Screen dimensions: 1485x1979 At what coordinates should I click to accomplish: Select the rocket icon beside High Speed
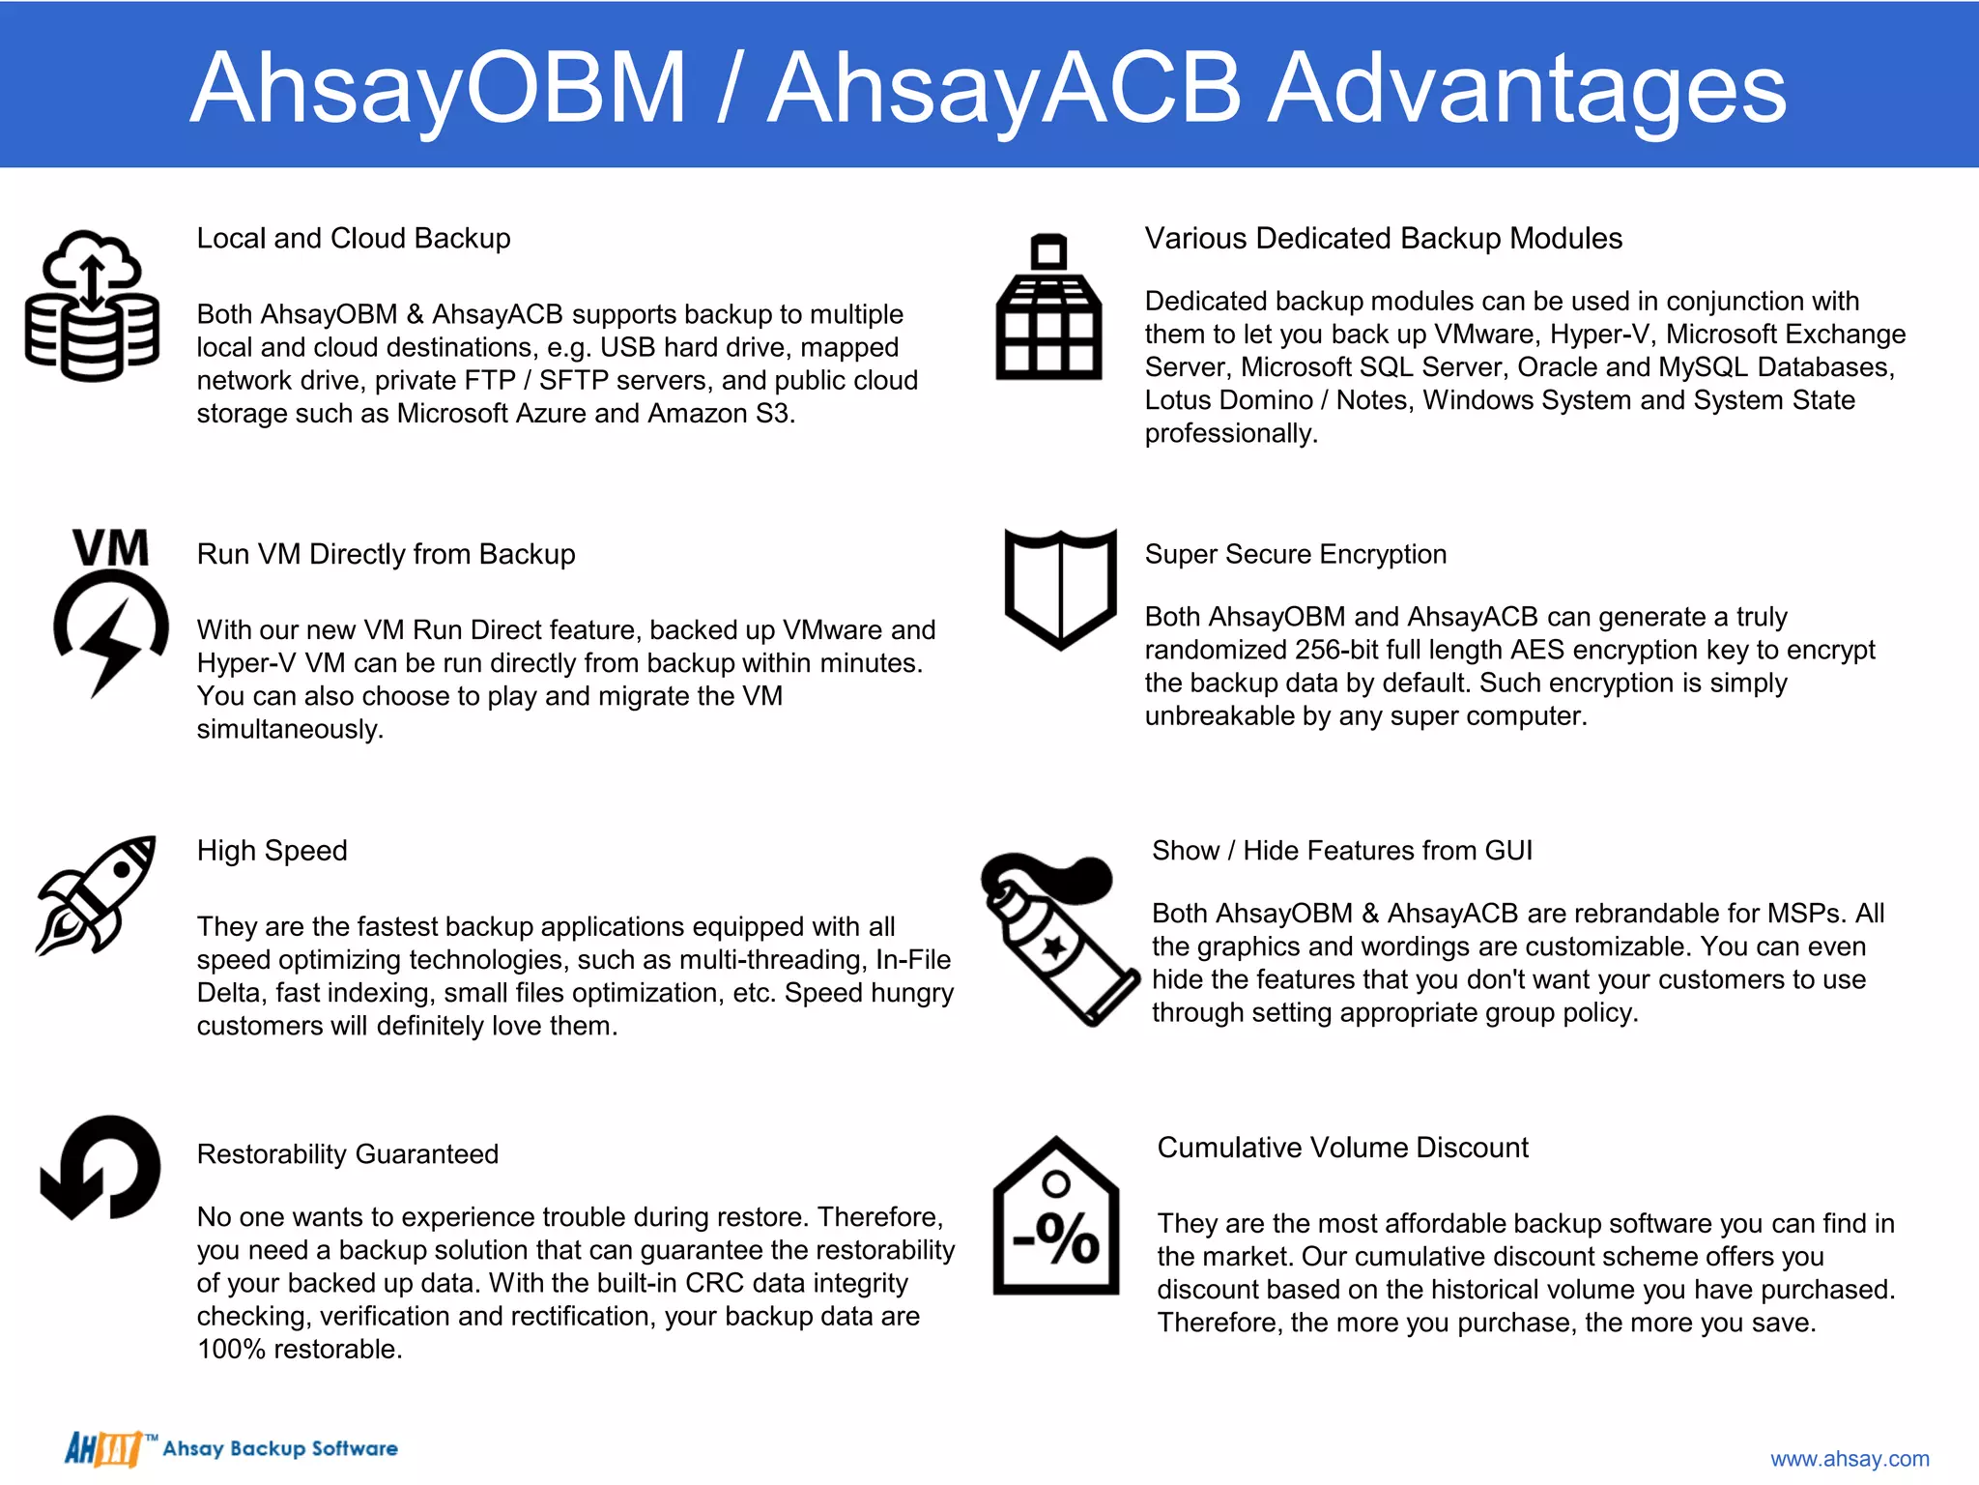[97, 895]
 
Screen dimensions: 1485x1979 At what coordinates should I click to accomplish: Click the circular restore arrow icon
[100, 1168]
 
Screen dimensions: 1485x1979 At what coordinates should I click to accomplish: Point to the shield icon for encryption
[1060, 588]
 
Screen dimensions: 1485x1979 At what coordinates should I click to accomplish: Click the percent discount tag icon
[1056, 1218]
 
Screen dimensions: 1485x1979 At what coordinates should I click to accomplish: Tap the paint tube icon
[1058, 938]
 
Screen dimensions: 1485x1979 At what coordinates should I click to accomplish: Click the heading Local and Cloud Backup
[354, 239]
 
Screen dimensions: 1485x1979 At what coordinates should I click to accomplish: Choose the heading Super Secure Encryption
[1295, 554]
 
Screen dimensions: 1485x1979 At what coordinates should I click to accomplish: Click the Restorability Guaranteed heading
[348, 1154]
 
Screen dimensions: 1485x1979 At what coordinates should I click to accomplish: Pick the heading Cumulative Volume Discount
[1342, 1148]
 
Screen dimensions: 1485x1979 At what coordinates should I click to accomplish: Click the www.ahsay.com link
[1849, 1458]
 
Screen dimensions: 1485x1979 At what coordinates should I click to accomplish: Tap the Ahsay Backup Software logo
[232, 1448]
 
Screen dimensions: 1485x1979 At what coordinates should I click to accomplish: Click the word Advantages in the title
[1527, 89]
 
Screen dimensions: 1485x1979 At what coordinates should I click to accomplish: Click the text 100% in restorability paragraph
[231, 1350]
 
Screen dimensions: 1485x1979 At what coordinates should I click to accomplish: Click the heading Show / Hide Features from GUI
[1341, 851]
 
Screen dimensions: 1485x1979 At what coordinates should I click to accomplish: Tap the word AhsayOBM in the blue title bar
[438, 89]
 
